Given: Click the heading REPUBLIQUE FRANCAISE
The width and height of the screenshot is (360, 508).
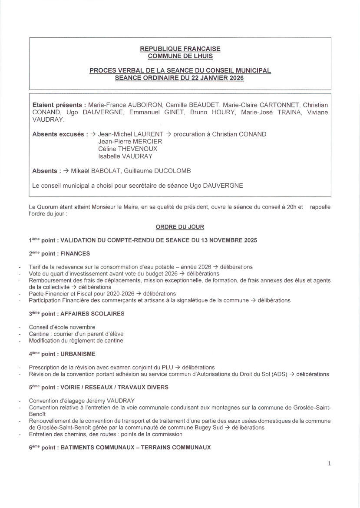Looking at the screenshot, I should coord(180,49).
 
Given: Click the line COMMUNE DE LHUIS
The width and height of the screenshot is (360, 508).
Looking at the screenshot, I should coord(180,56).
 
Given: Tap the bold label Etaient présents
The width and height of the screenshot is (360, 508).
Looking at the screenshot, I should coord(58,105).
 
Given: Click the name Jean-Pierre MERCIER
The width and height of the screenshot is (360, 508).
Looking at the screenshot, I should coord(130,141).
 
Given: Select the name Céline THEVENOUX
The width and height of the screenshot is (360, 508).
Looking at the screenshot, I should coord(128,149).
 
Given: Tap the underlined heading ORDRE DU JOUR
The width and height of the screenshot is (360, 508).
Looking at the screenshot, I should coord(180,227).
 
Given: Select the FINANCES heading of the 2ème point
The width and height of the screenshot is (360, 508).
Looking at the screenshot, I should coord(75,253).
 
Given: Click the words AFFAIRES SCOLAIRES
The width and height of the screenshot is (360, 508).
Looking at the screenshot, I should coord(92,313).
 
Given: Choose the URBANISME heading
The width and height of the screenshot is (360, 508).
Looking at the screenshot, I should coord(78,354).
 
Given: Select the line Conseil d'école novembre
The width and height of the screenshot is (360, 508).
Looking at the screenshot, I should coord(62,327).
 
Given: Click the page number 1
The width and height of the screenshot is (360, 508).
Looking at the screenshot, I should coord(329,463).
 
